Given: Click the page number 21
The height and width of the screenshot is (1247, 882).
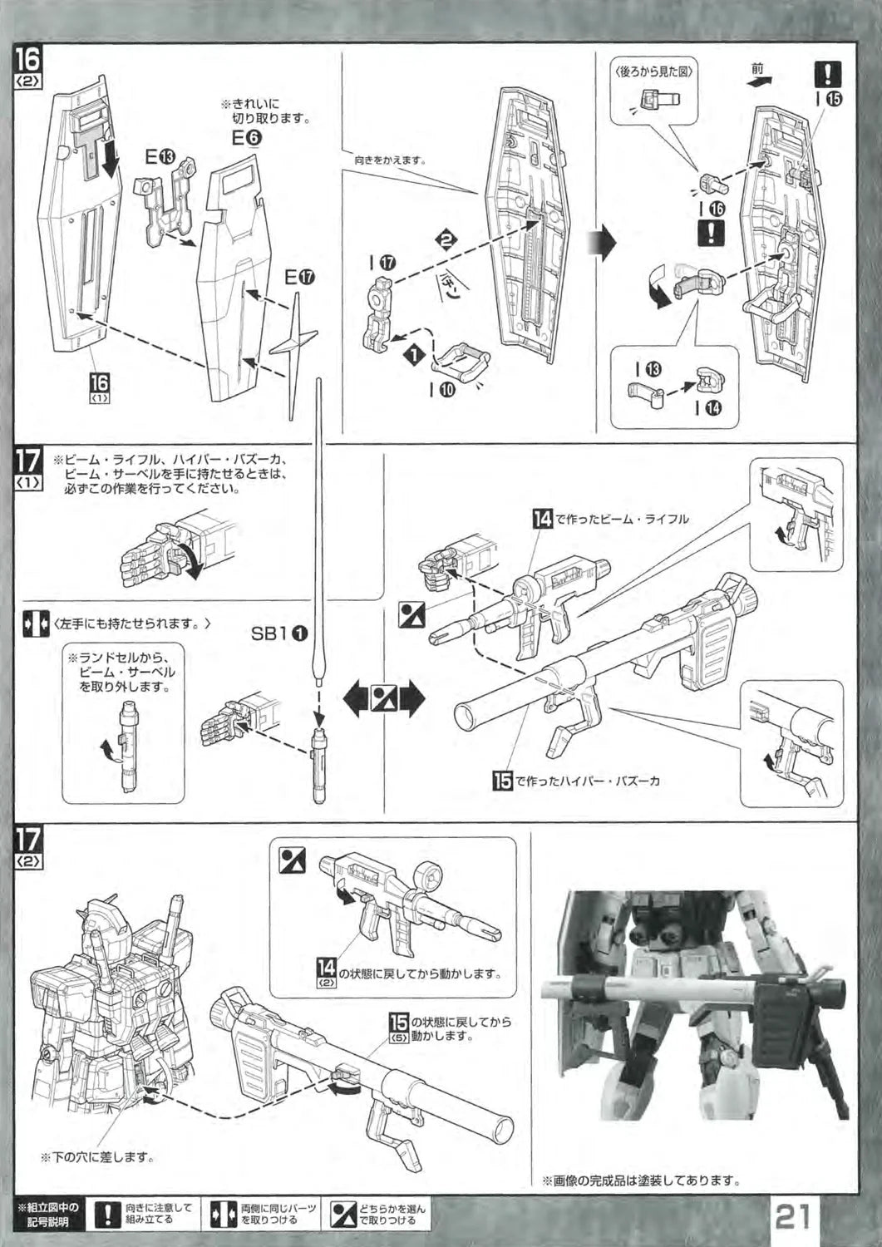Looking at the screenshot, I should click(795, 1218).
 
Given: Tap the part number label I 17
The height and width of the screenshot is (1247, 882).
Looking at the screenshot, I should click(382, 263).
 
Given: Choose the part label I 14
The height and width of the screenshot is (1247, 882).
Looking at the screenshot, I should click(707, 407).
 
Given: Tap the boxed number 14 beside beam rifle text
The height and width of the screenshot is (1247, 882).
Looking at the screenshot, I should click(542, 519).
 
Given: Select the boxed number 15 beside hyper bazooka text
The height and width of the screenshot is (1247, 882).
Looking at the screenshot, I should click(502, 781).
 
